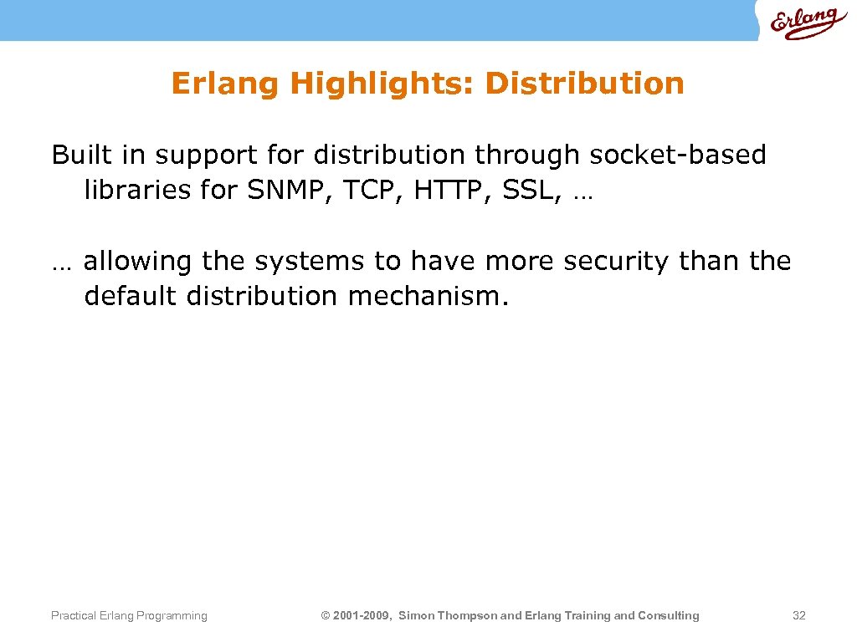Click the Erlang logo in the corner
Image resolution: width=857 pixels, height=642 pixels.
[x=803, y=23]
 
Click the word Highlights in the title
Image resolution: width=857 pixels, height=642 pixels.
[x=381, y=84]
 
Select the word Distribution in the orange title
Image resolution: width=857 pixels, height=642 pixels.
[x=584, y=84]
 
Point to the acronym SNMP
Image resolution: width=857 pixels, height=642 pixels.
[x=285, y=191]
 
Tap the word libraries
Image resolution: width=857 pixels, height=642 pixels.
[x=137, y=191]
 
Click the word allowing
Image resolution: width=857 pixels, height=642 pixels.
[x=138, y=262]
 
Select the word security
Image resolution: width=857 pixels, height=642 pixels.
[x=617, y=262]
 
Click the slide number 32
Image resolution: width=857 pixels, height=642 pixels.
[x=798, y=616]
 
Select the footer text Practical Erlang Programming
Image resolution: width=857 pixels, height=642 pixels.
[x=129, y=616]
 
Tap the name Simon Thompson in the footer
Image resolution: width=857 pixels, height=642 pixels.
[x=447, y=616]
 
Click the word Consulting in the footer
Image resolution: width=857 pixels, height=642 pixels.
[x=668, y=616]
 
